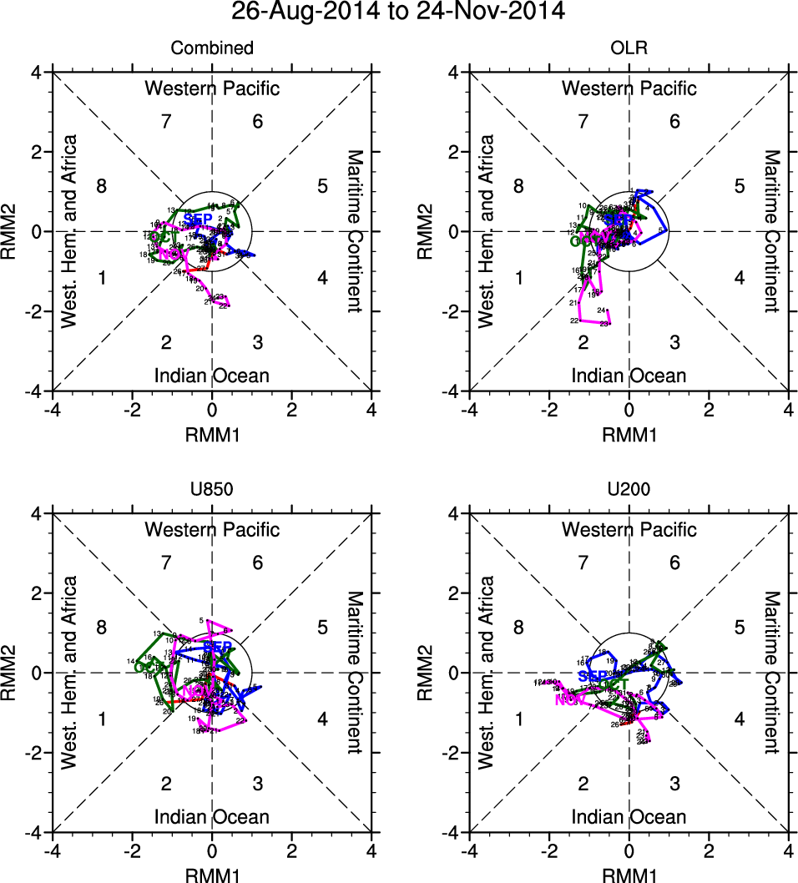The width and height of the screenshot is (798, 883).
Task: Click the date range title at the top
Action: (398, 12)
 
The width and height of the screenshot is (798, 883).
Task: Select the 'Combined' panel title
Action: (212, 48)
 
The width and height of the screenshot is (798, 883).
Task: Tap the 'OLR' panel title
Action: (629, 48)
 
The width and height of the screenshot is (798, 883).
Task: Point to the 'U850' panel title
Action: (212, 490)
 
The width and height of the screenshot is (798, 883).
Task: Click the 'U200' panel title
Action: (629, 490)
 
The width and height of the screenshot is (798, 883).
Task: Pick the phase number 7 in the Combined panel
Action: (166, 122)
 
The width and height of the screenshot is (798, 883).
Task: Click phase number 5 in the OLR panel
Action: (739, 186)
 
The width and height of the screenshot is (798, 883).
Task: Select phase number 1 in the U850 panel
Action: (101, 719)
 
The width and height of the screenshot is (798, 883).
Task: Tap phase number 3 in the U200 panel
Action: (674, 784)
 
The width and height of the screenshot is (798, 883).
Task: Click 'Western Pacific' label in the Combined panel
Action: (212, 88)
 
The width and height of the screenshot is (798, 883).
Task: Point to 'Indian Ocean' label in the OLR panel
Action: (629, 376)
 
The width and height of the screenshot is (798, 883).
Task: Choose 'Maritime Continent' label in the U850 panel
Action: (354, 673)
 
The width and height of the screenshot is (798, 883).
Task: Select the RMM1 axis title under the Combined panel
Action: (212, 434)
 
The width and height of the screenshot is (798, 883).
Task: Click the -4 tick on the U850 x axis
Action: (52, 851)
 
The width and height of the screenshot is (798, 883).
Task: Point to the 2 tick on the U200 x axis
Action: (709, 851)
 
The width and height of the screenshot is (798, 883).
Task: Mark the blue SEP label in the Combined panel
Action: (198, 219)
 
